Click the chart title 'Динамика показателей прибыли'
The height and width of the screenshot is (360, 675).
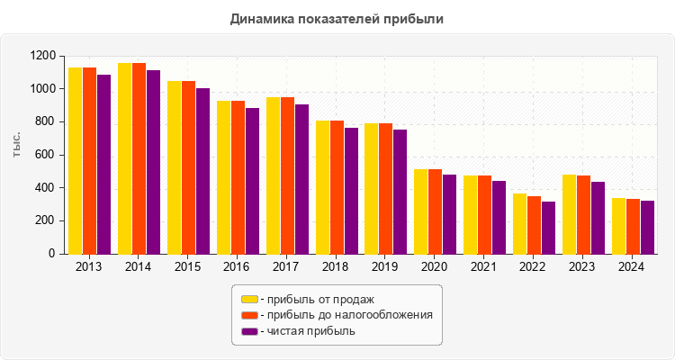pyautogui.click(x=337, y=19)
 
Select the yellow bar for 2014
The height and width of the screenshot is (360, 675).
pyautogui.click(x=125, y=158)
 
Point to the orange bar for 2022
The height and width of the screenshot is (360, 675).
pyautogui.click(x=535, y=225)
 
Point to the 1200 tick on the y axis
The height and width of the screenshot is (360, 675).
pyautogui.click(x=42, y=56)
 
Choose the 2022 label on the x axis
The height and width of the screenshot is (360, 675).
pyautogui.click(x=534, y=267)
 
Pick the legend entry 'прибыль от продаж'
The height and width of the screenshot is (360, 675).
pyautogui.click(x=315, y=299)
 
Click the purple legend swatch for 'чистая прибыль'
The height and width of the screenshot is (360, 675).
pyautogui.click(x=249, y=331)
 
